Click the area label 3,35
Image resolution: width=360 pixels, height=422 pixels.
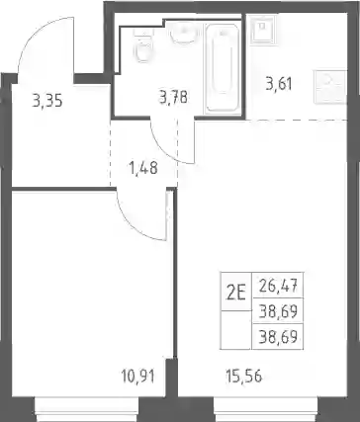pos(47,101)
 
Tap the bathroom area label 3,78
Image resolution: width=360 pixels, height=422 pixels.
pos(173,98)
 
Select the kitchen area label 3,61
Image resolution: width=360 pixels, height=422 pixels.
pos(279,84)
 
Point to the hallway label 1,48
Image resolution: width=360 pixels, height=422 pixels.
pos(143,168)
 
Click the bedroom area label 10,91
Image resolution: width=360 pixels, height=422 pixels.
pos(137,376)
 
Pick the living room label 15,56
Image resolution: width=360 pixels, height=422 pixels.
pos(244,376)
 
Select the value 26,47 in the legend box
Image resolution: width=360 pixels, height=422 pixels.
pos(278,286)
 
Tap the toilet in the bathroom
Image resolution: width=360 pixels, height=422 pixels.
pos(143,45)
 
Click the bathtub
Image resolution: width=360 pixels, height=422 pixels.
pos(223,68)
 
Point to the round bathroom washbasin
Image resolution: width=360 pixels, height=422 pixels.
pos(184,34)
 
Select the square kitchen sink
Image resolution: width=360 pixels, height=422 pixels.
pos(262,30)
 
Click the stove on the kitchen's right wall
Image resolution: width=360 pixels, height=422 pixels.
pos(330,87)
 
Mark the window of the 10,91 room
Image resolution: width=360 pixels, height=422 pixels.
pos(86,409)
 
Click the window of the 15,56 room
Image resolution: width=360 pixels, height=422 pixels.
pos(265,409)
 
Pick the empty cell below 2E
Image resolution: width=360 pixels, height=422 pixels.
pos(236,330)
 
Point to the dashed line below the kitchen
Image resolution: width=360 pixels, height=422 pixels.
pos(297,120)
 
